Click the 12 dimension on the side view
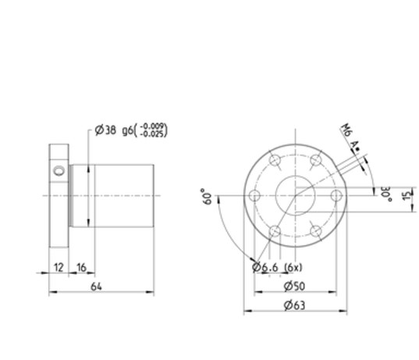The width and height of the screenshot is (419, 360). coord(58,266)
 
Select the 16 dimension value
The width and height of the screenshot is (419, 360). coord(81,266)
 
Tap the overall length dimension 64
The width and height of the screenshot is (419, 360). coord(98,287)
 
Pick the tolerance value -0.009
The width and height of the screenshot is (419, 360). coord(154,126)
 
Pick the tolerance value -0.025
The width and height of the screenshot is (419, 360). coord(154,134)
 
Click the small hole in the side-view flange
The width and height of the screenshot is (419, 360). coord(57,169)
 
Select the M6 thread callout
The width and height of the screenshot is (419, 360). coord(345,132)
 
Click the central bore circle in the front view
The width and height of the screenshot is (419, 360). coord(294,195)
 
